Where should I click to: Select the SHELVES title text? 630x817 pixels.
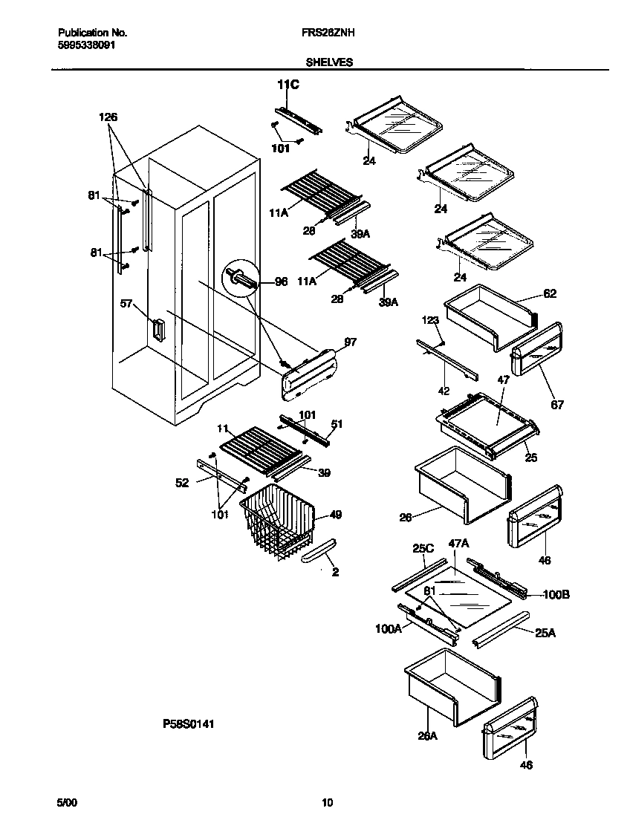329,63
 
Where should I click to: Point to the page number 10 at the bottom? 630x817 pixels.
327,801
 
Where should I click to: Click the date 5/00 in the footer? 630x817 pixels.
67,801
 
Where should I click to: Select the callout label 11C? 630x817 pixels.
288,85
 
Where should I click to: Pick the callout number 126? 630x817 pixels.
108,117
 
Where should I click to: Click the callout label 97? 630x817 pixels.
351,342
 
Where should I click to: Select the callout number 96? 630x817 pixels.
281,281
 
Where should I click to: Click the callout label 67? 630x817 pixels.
557,405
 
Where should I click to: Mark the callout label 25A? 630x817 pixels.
545,632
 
